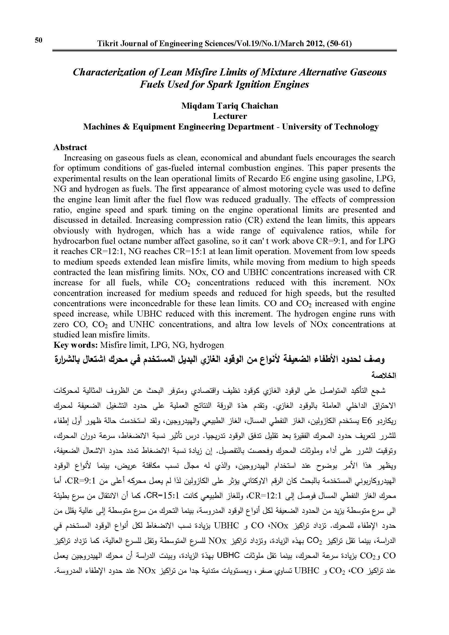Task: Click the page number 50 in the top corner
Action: pyautogui.click(x=39, y=40)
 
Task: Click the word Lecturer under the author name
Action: pyautogui.click(x=230, y=116)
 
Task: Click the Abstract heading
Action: pyautogui.click(x=70, y=147)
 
